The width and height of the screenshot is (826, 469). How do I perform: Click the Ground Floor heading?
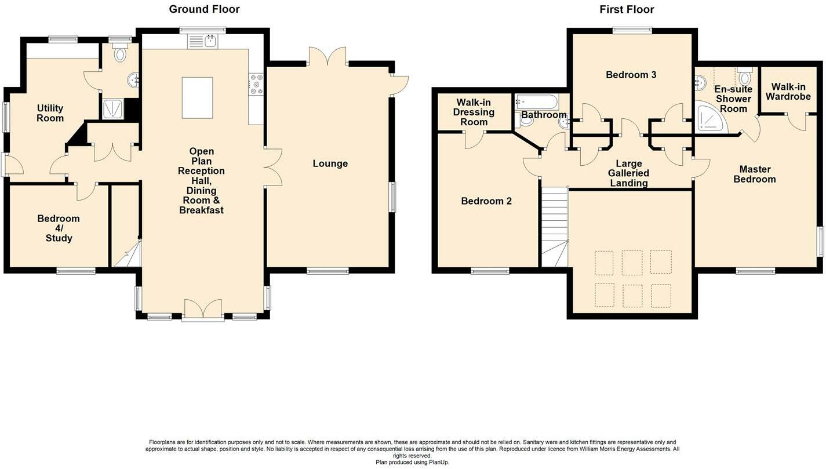coord(204,9)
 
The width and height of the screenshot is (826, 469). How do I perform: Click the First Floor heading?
coord(627,9)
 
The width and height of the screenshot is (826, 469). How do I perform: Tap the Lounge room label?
coord(330,163)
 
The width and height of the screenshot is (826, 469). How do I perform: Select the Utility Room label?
coord(50,113)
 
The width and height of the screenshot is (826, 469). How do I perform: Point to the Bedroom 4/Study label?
coord(59,228)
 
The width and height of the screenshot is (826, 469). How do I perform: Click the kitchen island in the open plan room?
coord(197,98)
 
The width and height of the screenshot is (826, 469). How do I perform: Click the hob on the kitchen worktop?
coord(256,85)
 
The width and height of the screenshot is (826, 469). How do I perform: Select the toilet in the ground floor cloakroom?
coord(119,53)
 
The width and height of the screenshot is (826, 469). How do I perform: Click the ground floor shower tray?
coord(112,109)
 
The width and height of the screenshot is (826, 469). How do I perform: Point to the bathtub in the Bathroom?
coord(537,101)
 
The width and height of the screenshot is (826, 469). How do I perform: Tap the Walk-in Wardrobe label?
coord(788,92)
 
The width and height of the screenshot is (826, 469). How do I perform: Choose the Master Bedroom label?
coord(755,174)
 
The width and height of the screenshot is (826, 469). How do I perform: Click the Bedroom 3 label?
coord(631,75)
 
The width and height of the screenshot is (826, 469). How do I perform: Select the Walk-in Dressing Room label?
coord(474,112)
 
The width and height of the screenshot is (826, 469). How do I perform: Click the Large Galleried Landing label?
coord(628,173)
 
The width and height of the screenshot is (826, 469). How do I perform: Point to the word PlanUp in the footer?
coord(438,462)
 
